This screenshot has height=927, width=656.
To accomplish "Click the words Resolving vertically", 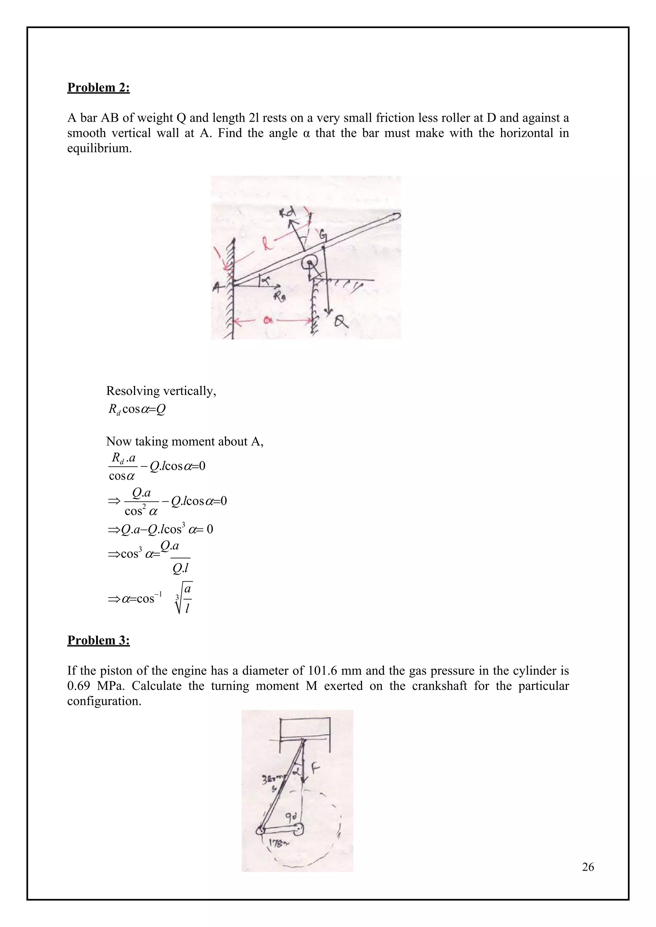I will [161, 391].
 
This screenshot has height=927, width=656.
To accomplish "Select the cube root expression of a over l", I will [184, 598].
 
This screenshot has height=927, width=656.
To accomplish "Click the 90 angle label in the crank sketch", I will [291, 816].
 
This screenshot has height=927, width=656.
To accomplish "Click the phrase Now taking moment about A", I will [184, 441].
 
